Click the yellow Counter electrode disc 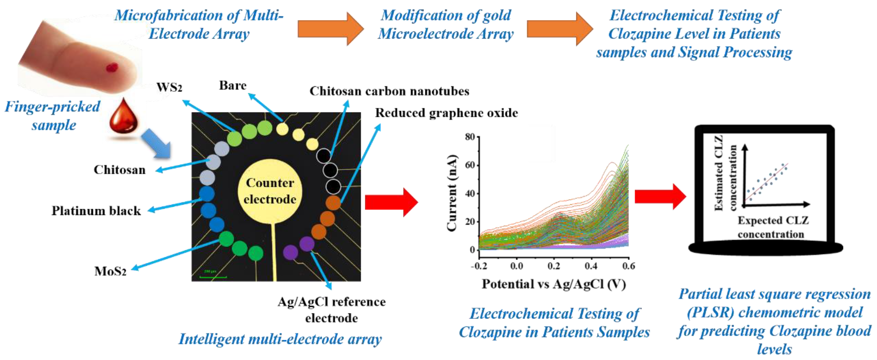click(x=270, y=191)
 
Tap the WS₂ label click(x=169, y=87)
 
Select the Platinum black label click(x=96, y=211)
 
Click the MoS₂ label click(x=110, y=271)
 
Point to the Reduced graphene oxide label click(x=446, y=113)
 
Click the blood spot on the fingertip click(x=112, y=67)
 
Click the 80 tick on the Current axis click(x=470, y=137)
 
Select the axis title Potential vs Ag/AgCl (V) click(x=553, y=284)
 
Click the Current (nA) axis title click(x=452, y=193)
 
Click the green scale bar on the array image click(x=213, y=277)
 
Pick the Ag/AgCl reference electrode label click(x=331, y=310)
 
